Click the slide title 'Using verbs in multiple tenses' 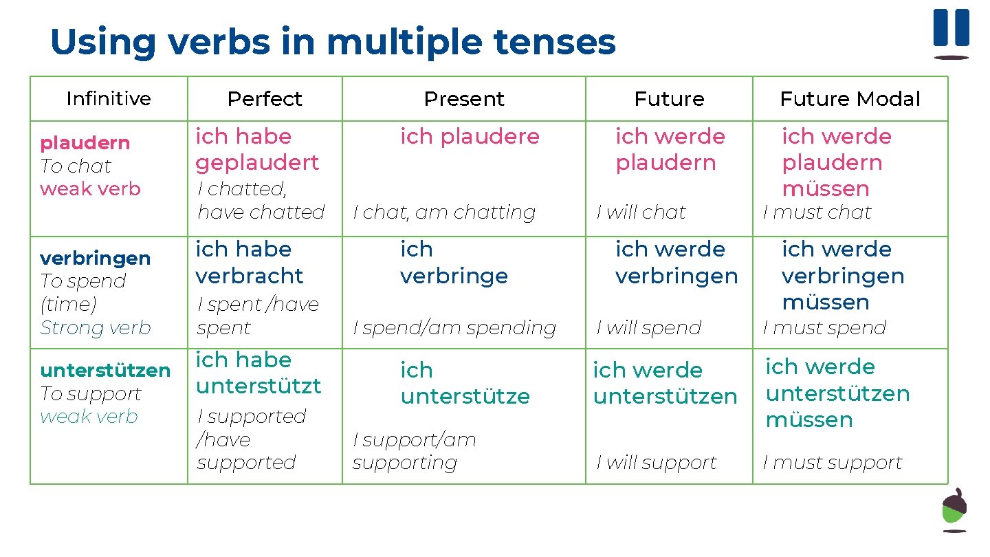[x=333, y=42]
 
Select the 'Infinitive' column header [x=109, y=99]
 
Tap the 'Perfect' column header [x=265, y=99]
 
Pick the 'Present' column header [x=464, y=99]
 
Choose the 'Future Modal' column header [x=850, y=99]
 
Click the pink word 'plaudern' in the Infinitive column [x=85, y=143]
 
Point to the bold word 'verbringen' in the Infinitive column [x=95, y=259]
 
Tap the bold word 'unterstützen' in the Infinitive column [x=105, y=371]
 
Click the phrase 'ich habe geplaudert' [x=257, y=149]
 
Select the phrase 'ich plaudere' [x=470, y=136]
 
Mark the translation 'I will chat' [x=641, y=212]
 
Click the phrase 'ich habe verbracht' [x=249, y=262]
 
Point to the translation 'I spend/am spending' [x=454, y=328]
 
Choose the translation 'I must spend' [x=825, y=328]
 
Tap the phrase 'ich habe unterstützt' [x=258, y=373]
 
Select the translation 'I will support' [x=657, y=463]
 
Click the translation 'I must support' [x=833, y=463]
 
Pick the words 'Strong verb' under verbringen [x=96, y=328]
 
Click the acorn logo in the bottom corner [x=954, y=510]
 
